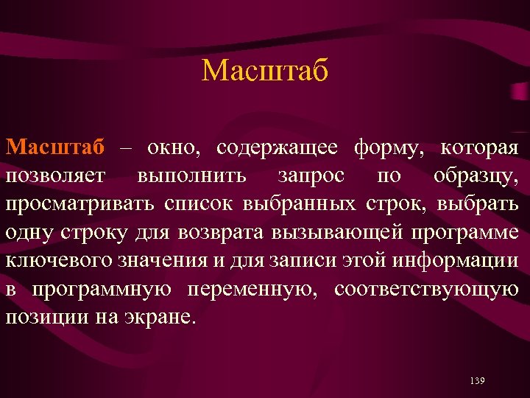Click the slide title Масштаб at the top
click(264, 71)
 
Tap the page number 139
click(476, 380)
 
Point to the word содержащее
click(277, 148)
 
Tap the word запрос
click(309, 177)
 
